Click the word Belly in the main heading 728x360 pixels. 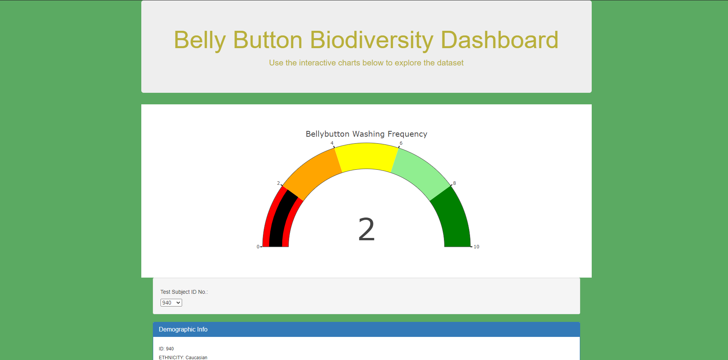pyautogui.click(x=199, y=40)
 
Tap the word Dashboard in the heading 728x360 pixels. pyautogui.click(x=499, y=40)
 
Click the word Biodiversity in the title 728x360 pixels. pyautogui.click(x=372, y=40)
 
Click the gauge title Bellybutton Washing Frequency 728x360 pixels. pyautogui.click(x=367, y=134)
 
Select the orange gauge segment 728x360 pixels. pyautogui.click(x=314, y=173)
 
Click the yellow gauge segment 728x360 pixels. pyautogui.click(x=367, y=156)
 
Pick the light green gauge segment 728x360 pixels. pyautogui.click(x=420, y=173)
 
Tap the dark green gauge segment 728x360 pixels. pyautogui.click(x=454, y=219)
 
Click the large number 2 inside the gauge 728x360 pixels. pyautogui.click(x=367, y=229)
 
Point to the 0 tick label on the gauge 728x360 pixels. pyautogui.click(x=258, y=247)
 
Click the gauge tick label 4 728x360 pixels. pyautogui.click(x=332, y=143)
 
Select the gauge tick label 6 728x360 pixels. pyautogui.click(x=401, y=143)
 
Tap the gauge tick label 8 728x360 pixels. pyautogui.click(x=454, y=183)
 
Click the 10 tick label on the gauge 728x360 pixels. pyautogui.click(x=476, y=247)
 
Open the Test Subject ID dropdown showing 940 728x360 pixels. pyautogui.click(x=171, y=303)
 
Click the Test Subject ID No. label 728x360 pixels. pyautogui.click(x=184, y=292)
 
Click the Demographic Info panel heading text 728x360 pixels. pyautogui.click(x=183, y=329)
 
